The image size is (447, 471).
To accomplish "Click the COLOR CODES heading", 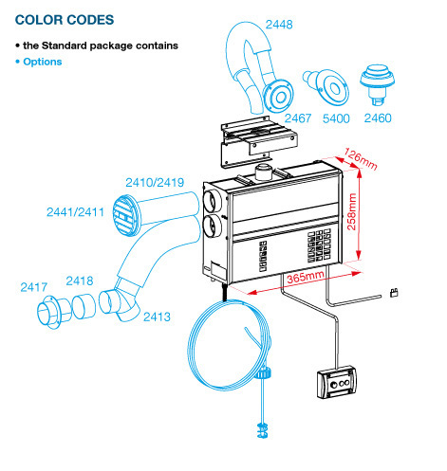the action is tap(65, 20).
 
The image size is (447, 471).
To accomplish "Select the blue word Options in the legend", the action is tap(43, 62).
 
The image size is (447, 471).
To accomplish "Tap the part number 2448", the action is tap(279, 25).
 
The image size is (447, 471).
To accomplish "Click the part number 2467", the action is tap(298, 118).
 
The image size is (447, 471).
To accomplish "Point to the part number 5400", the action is tap(336, 118).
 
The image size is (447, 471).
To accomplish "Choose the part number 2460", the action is tap(378, 118).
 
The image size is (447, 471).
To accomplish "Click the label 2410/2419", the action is tap(155, 182).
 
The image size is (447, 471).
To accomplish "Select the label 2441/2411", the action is tap(75, 212).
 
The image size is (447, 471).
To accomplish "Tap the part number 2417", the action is tap(34, 287).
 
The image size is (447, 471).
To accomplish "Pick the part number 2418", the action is tap(80, 281).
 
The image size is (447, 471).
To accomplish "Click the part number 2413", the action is tap(157, 317).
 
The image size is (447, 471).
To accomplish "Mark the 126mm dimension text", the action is tap(361, 159).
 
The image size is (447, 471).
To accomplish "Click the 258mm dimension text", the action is tap(352, 211).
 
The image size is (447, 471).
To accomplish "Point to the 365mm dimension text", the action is tap(306, 277).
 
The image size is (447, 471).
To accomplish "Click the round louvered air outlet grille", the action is tap(126, 215).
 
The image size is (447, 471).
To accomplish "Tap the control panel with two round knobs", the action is tap(337, 382).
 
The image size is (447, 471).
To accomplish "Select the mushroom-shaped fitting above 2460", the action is tap(377, 84).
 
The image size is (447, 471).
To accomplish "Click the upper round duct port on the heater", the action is tap(213, 201).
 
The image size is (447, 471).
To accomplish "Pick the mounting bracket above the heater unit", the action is tap(259, 141).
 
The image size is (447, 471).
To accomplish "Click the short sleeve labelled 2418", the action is tap(84, 307).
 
